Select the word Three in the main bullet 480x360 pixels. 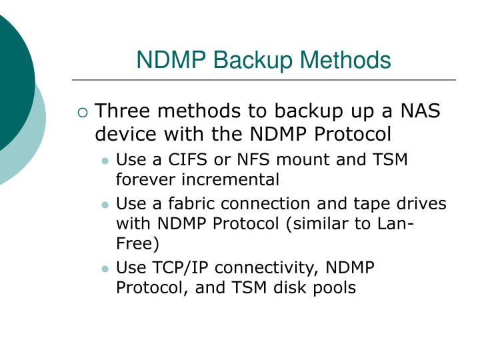(123, 111)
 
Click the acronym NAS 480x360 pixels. (420, 111)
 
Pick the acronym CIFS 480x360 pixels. (183, 160)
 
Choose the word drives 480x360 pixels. (424, 204)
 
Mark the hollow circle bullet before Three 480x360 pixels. (82, 112)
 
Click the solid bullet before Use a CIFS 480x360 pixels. (105, 161)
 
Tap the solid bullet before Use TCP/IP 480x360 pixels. (105, 269)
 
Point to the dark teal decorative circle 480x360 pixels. (10, 80)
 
